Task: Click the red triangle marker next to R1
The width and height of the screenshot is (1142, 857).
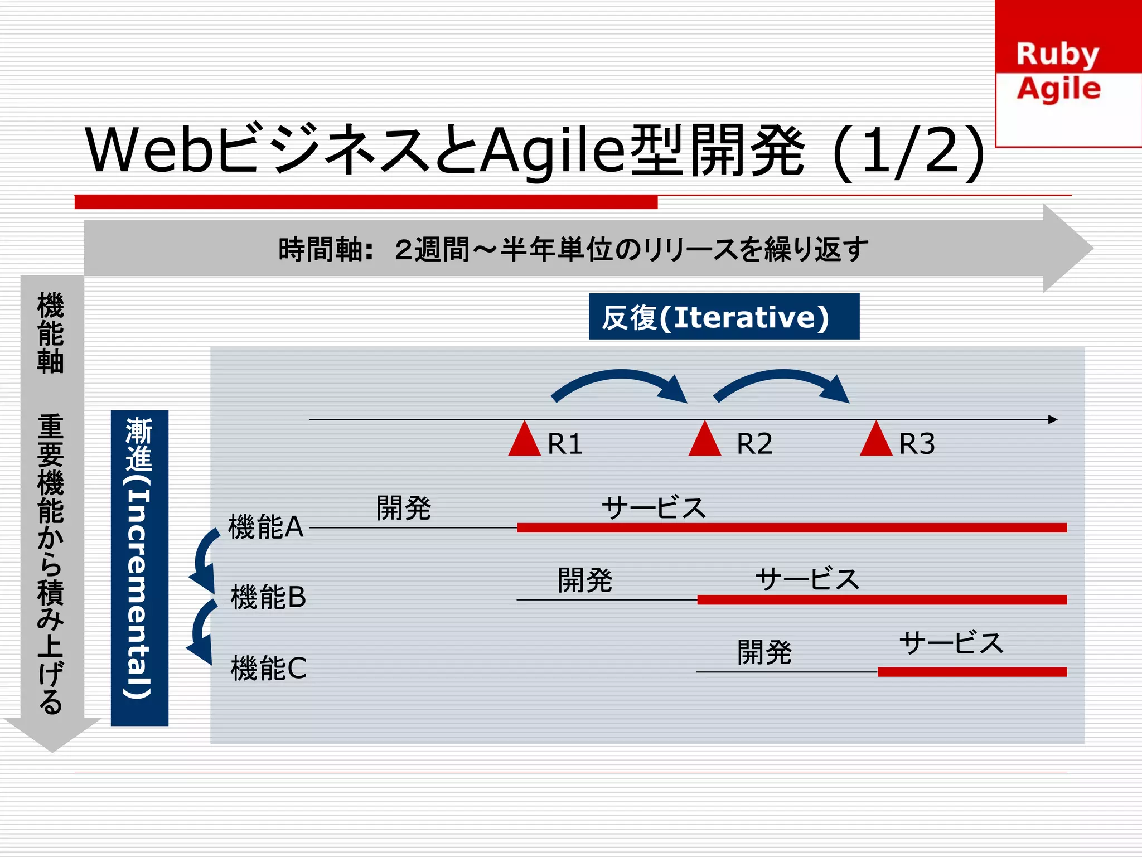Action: tap(524, 441)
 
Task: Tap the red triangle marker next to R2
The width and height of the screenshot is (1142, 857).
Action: tap(705, 441)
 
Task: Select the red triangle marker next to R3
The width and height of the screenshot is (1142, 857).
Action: tap(876, 441)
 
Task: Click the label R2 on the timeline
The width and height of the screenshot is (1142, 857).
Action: tap(754, 444)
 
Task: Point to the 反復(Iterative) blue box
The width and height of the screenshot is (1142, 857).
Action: tap(724, 317)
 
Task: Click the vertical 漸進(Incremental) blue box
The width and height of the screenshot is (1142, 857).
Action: tap(139, 568)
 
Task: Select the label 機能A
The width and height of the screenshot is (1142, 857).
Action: tap(265, 527)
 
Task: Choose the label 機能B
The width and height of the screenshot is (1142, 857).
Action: tap(268, 597)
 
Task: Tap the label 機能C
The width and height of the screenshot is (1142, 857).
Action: tap(268, 668)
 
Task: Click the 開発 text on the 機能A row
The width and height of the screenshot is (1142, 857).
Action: tap(404, 508)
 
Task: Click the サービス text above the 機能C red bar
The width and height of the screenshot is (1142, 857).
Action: tap(951, 643)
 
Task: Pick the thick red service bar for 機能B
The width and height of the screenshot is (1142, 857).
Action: tap(881, 600)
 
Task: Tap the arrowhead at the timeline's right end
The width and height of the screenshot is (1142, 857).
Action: tap(1052, 419)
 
